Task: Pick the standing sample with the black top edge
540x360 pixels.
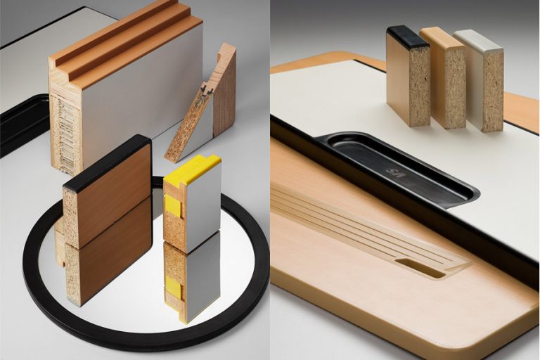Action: [x=408, y=77]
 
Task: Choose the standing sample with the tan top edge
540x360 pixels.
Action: [x=443, y=77]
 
